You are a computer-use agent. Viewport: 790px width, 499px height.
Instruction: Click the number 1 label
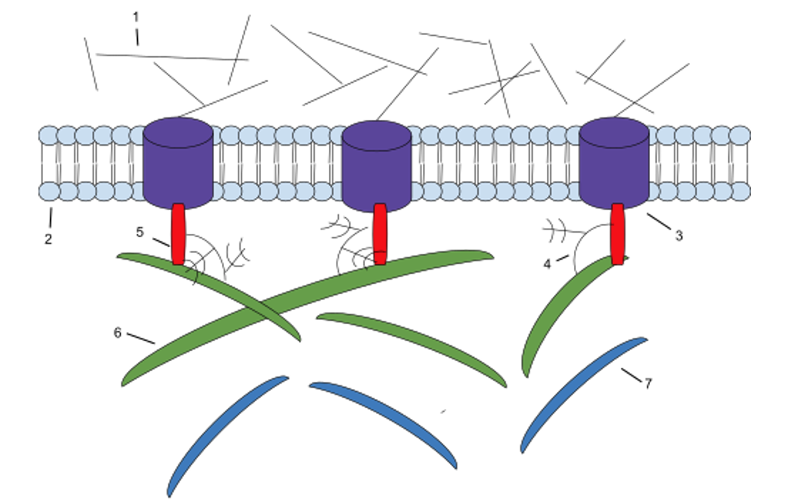135,17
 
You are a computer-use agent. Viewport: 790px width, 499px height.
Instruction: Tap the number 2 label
48,239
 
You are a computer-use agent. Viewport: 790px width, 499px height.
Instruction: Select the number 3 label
679,235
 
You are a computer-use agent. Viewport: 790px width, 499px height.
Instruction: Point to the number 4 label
547,264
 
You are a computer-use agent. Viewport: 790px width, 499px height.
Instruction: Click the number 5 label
140,232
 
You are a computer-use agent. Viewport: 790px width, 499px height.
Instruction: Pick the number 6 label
117,333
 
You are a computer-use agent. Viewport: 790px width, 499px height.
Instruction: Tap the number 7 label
648,383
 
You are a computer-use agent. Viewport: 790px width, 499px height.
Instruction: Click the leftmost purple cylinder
178,163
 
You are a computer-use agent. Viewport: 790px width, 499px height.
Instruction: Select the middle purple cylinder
377,166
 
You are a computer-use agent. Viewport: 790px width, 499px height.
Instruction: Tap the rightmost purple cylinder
614,163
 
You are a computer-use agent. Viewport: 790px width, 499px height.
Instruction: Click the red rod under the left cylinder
178,234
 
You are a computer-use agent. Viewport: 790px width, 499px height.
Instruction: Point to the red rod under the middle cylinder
380,234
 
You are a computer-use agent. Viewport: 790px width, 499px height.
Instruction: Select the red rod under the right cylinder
618,234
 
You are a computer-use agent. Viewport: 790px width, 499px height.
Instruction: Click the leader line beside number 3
659,221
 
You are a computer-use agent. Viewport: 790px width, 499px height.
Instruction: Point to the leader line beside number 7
632,375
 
